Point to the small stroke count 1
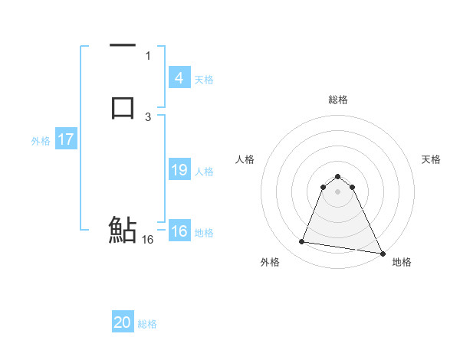[148, 55]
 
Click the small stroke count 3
[148, 116]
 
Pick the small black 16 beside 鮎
[148, 239]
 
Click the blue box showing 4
[179, 78]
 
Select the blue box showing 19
[179, 170]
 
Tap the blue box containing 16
[179, 231]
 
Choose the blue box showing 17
[66, 140]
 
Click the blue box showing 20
[123, 323]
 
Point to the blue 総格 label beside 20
[147, 324]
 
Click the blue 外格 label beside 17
[41, 141]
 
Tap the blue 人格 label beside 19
[205, 172]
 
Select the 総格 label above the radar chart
[338, 100]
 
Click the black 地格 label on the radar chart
[402, 263]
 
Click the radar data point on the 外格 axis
[302, 242]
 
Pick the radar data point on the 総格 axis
[337, 174]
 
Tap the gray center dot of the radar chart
[337, 191]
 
